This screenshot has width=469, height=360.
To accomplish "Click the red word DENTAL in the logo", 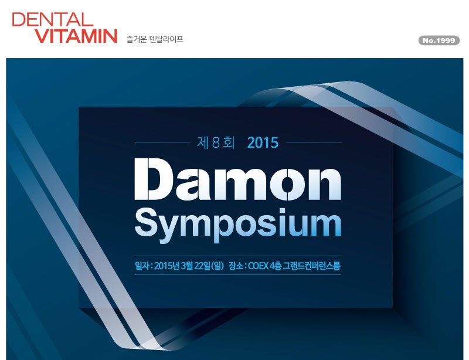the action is click(53, 19).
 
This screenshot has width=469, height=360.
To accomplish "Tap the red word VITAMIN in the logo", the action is click(76, 36).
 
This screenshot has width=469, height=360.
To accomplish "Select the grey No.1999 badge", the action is click(439, 40).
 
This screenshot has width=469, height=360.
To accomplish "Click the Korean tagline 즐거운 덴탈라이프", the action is click(155, 39).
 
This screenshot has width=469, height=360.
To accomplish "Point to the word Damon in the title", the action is click(238, 179).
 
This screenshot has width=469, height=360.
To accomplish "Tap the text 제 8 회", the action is click(216, 142).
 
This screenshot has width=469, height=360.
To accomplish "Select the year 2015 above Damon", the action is click(263, 142).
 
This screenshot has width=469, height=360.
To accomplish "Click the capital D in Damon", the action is click(154, 179).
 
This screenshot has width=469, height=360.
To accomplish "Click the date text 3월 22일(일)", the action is click(202, 266).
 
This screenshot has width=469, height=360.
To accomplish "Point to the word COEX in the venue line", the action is click(258, 266).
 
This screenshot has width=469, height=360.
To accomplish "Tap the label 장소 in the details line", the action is click(236, 266).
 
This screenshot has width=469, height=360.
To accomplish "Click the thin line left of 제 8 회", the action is click(162, 142).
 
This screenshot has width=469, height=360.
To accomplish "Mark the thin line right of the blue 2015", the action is click(314, 142).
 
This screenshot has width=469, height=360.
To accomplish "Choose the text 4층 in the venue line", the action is click(276, 266).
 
